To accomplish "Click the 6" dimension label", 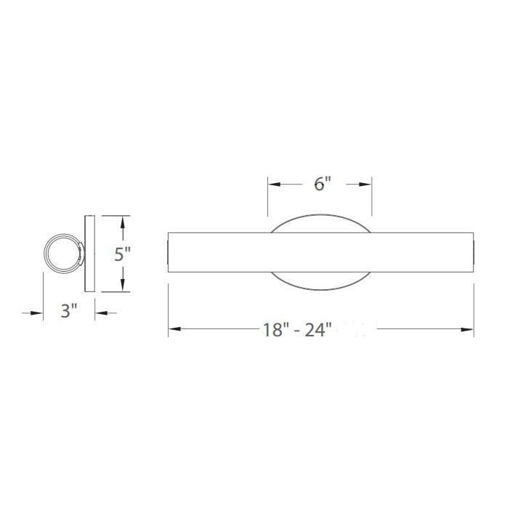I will (323, 184).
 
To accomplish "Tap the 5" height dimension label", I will (123, 254).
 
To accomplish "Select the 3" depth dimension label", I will (68, 312).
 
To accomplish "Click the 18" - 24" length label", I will (297, 330).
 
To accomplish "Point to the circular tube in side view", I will (61, 254).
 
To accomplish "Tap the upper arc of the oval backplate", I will (321, 217).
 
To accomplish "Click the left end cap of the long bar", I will (169, 254).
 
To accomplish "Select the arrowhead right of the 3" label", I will (100, 312).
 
